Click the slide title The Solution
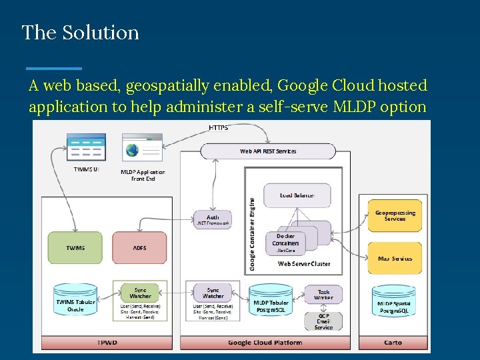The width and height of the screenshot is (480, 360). (80, 33)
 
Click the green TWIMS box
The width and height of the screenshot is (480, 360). (75, 247)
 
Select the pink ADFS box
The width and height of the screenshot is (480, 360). (139, 247)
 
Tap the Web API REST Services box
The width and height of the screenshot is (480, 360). (268, 151)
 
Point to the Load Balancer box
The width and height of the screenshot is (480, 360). (297, 195)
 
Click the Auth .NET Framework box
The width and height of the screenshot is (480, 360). (213, 220)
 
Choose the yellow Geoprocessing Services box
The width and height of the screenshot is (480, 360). (395, 216)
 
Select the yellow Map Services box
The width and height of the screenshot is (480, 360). (395, 258)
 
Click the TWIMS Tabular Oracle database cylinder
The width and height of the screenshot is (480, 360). (75, 301)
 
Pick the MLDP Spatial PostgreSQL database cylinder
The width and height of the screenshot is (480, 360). (394, 302)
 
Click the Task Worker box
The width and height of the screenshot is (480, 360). (323, 295)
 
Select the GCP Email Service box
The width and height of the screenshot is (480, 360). (323, 321)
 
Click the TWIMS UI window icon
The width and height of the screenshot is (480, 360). (86, 147)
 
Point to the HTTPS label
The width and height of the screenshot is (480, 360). (218, 127)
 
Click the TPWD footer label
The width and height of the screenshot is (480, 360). (107, 343)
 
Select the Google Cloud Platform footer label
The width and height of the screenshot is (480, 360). (265, 343)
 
